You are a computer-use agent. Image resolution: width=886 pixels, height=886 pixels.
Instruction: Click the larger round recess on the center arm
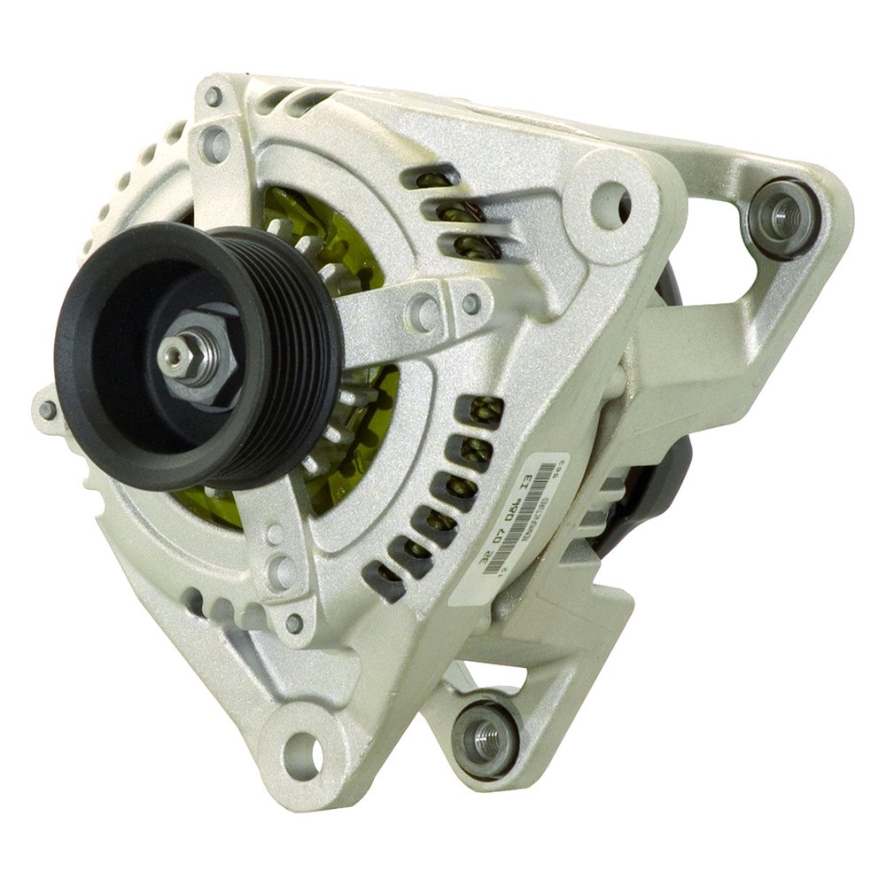pyautogui.click(x=424, y=311)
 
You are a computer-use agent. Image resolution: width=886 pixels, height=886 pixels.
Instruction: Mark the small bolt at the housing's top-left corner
pyautogui.click(x=214, y=95)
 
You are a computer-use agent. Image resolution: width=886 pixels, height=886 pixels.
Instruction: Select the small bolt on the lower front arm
pyautogui.click(x=294, y=623)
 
